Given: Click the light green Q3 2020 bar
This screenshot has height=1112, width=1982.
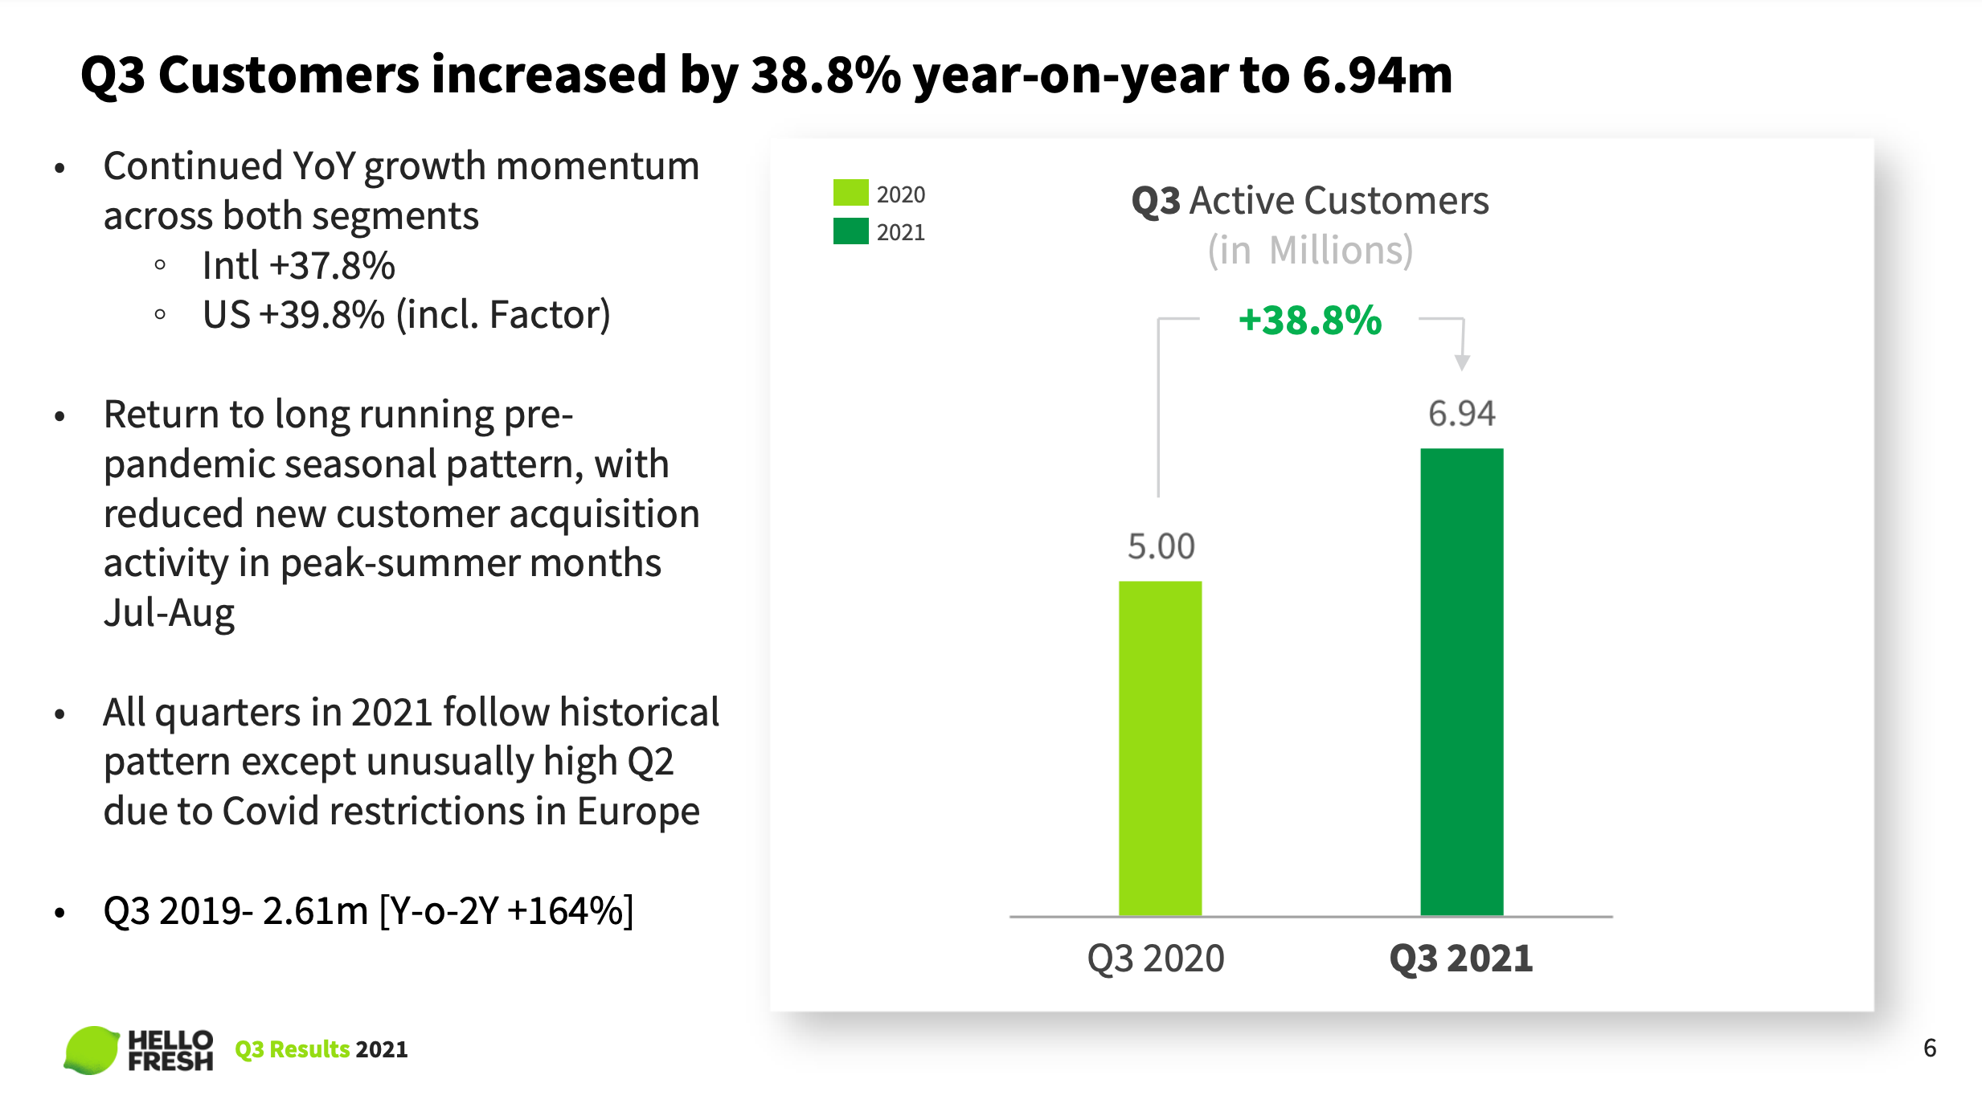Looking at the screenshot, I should click(1160, 747).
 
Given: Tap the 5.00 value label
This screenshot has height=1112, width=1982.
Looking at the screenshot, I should click(1161, 546).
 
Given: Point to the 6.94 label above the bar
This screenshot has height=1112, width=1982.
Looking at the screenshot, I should click(1461, 414).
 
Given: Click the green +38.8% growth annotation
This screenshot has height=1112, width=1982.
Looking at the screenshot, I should click(1309, 321).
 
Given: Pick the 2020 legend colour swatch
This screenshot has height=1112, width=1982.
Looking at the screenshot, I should click(850, 193).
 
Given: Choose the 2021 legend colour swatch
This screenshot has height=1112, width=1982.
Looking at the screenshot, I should click(850, 231).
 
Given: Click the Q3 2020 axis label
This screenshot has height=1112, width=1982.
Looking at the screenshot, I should click(1155, 959).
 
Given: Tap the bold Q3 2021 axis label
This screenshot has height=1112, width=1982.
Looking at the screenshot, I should click(1461, 959).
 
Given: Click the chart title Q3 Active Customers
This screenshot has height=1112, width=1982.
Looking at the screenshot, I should click(1309, 201).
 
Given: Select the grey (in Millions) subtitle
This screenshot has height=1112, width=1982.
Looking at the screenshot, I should click(1309, 251).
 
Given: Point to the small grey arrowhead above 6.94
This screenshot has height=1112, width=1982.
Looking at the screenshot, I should click(1462, 362).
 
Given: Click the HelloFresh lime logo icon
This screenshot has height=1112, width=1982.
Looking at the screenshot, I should click(91, 1049).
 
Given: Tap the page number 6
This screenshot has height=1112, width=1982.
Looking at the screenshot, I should click(1929, 1048).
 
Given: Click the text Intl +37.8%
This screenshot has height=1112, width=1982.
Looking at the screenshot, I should click(298, 266).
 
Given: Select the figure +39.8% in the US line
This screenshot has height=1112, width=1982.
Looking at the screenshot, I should click(322, 315).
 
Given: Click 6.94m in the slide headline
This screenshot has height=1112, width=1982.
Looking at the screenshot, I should click(1377, 75).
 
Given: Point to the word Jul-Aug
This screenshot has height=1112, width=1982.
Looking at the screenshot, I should click(169, 613).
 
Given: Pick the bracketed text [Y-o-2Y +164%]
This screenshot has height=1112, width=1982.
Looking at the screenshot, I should click(506, 911).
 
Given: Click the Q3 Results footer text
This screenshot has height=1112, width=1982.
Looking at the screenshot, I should click(292, 1049).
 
